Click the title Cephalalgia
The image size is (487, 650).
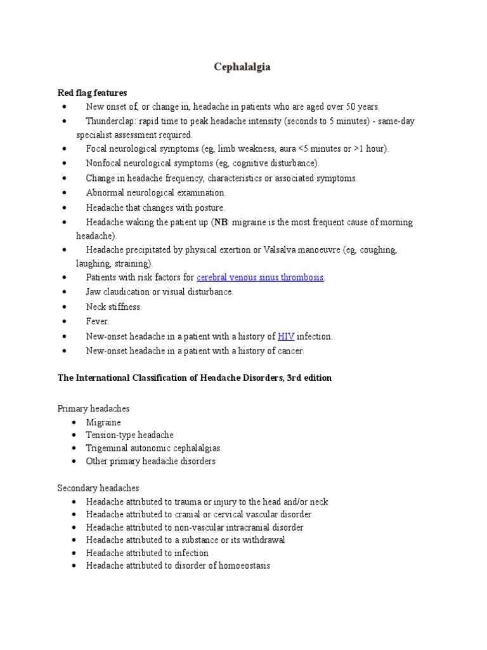coord(243,67)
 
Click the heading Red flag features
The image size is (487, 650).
coord(93,93)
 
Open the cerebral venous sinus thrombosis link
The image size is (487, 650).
coord(260,277)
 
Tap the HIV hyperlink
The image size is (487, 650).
coord(286,336)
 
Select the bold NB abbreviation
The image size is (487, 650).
coord(221,223)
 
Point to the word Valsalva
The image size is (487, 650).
coord(282,250)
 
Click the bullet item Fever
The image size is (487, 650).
coord(98,322)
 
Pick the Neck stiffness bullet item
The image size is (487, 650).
coord(114,307)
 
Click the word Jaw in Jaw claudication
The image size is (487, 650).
coord(93,292)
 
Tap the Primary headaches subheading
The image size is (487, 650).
coord(93,408)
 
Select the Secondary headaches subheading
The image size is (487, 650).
coord(98,488)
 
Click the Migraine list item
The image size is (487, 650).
coord(103,423)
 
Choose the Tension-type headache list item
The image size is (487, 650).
coord(129,435)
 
